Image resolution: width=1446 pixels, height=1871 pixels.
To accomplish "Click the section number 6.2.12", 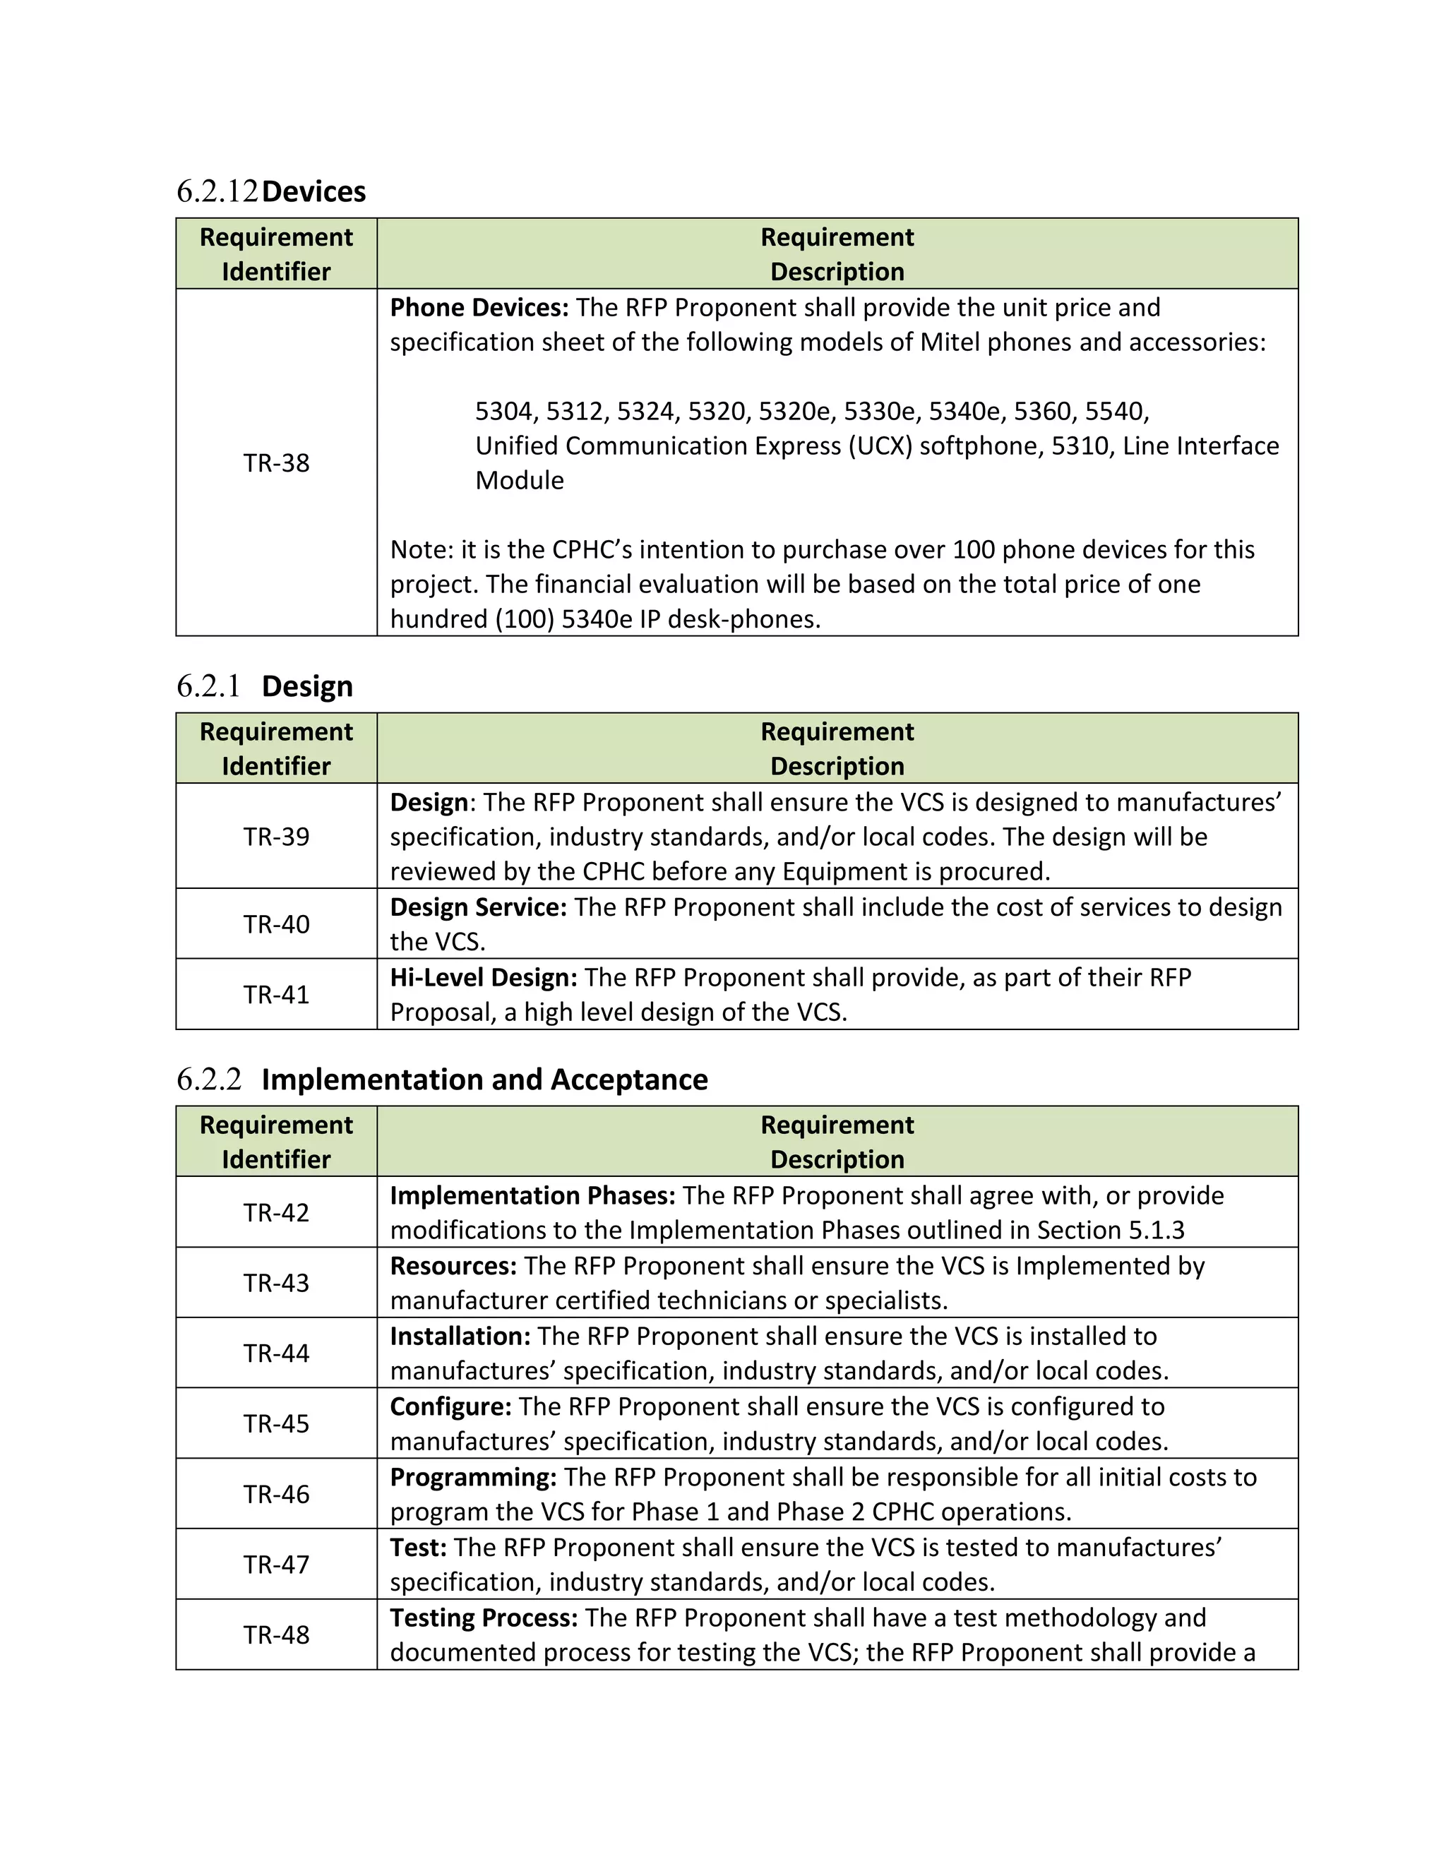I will (x=217, y=191).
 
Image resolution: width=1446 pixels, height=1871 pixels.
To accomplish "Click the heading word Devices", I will (x=313, y=191).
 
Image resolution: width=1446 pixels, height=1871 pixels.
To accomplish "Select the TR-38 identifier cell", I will (x=276, y=462).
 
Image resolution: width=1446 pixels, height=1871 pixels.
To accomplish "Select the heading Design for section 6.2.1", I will (x=306, y=686).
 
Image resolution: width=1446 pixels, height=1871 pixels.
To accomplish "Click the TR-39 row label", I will (x=276, y=836).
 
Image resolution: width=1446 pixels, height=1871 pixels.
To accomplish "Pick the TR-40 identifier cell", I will (x=276, y=924).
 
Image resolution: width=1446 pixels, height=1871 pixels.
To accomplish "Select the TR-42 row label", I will (x=276, y=1212).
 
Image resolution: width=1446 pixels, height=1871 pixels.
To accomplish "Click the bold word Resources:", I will (x=453, y=1265).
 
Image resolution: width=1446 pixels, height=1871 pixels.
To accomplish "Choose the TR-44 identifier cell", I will (x=276, y=1353).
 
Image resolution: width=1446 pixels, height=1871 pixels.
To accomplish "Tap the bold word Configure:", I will (x=450, y=1406).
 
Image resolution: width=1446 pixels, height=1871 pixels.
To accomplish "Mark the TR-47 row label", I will (x=276, y=1565).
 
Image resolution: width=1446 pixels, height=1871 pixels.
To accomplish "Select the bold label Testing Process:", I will (x=484, y=1618).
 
